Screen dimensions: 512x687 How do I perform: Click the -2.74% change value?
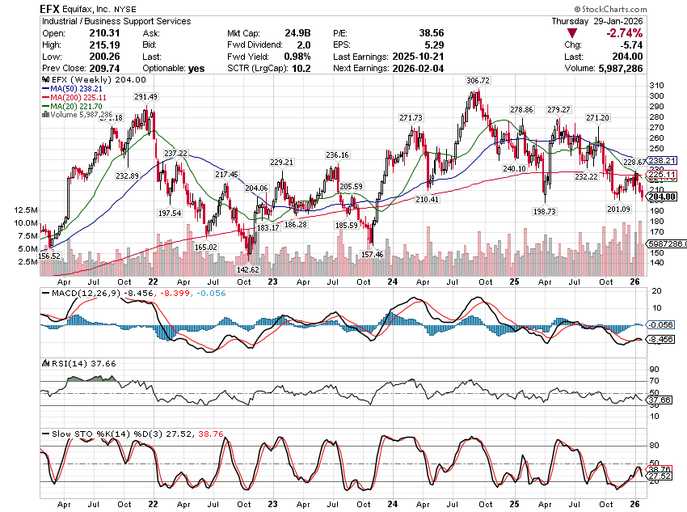(x=621, y=33)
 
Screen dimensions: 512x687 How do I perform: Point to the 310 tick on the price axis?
(x=656, y=86)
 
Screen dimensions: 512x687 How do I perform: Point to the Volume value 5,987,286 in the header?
(x=613, y=69)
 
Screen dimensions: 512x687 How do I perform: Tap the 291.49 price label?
(x=146, y=97)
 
